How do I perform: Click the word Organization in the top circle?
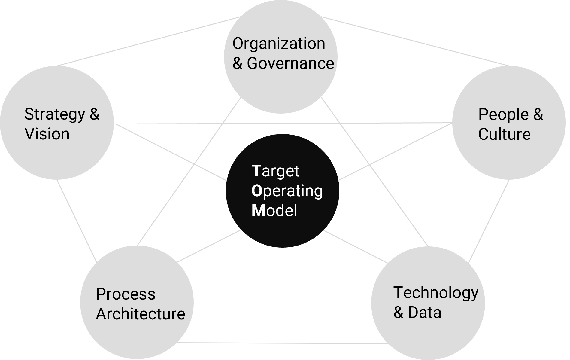click(x=279, y=44)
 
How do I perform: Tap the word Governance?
click(x=290, y=64)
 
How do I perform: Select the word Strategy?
click(x=55, y=115)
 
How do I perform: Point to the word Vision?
click(x=47, y=134)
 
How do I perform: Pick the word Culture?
click(x=504, y=134)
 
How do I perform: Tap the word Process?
click(x=126, y=294)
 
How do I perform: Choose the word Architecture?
click(x=140, y=314)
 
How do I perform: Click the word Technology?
click(x=436, y=293)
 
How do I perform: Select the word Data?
click(x=425, y=313)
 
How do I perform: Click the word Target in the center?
click(x=275, y=171)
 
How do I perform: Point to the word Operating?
click(x=287, y=191)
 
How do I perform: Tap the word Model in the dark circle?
click(x=274, y=211)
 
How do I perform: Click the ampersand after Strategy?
click(x=95, y=114)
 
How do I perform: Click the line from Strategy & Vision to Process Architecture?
click(x=77, y=220)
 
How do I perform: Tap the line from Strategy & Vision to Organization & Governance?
click(x=149, y=41)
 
